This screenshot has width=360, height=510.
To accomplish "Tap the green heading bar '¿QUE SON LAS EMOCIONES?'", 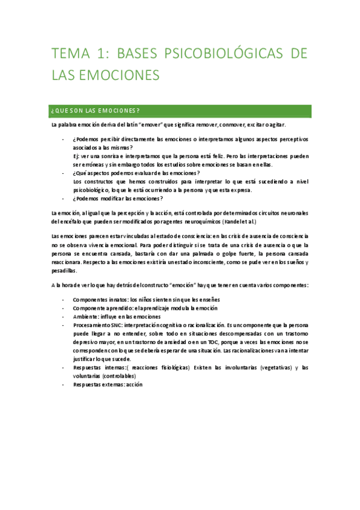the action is (x=181, y=111).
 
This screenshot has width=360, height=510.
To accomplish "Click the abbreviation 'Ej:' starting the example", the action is (x=76, y=156).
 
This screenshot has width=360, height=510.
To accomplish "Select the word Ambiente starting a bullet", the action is (x=86, y=316).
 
